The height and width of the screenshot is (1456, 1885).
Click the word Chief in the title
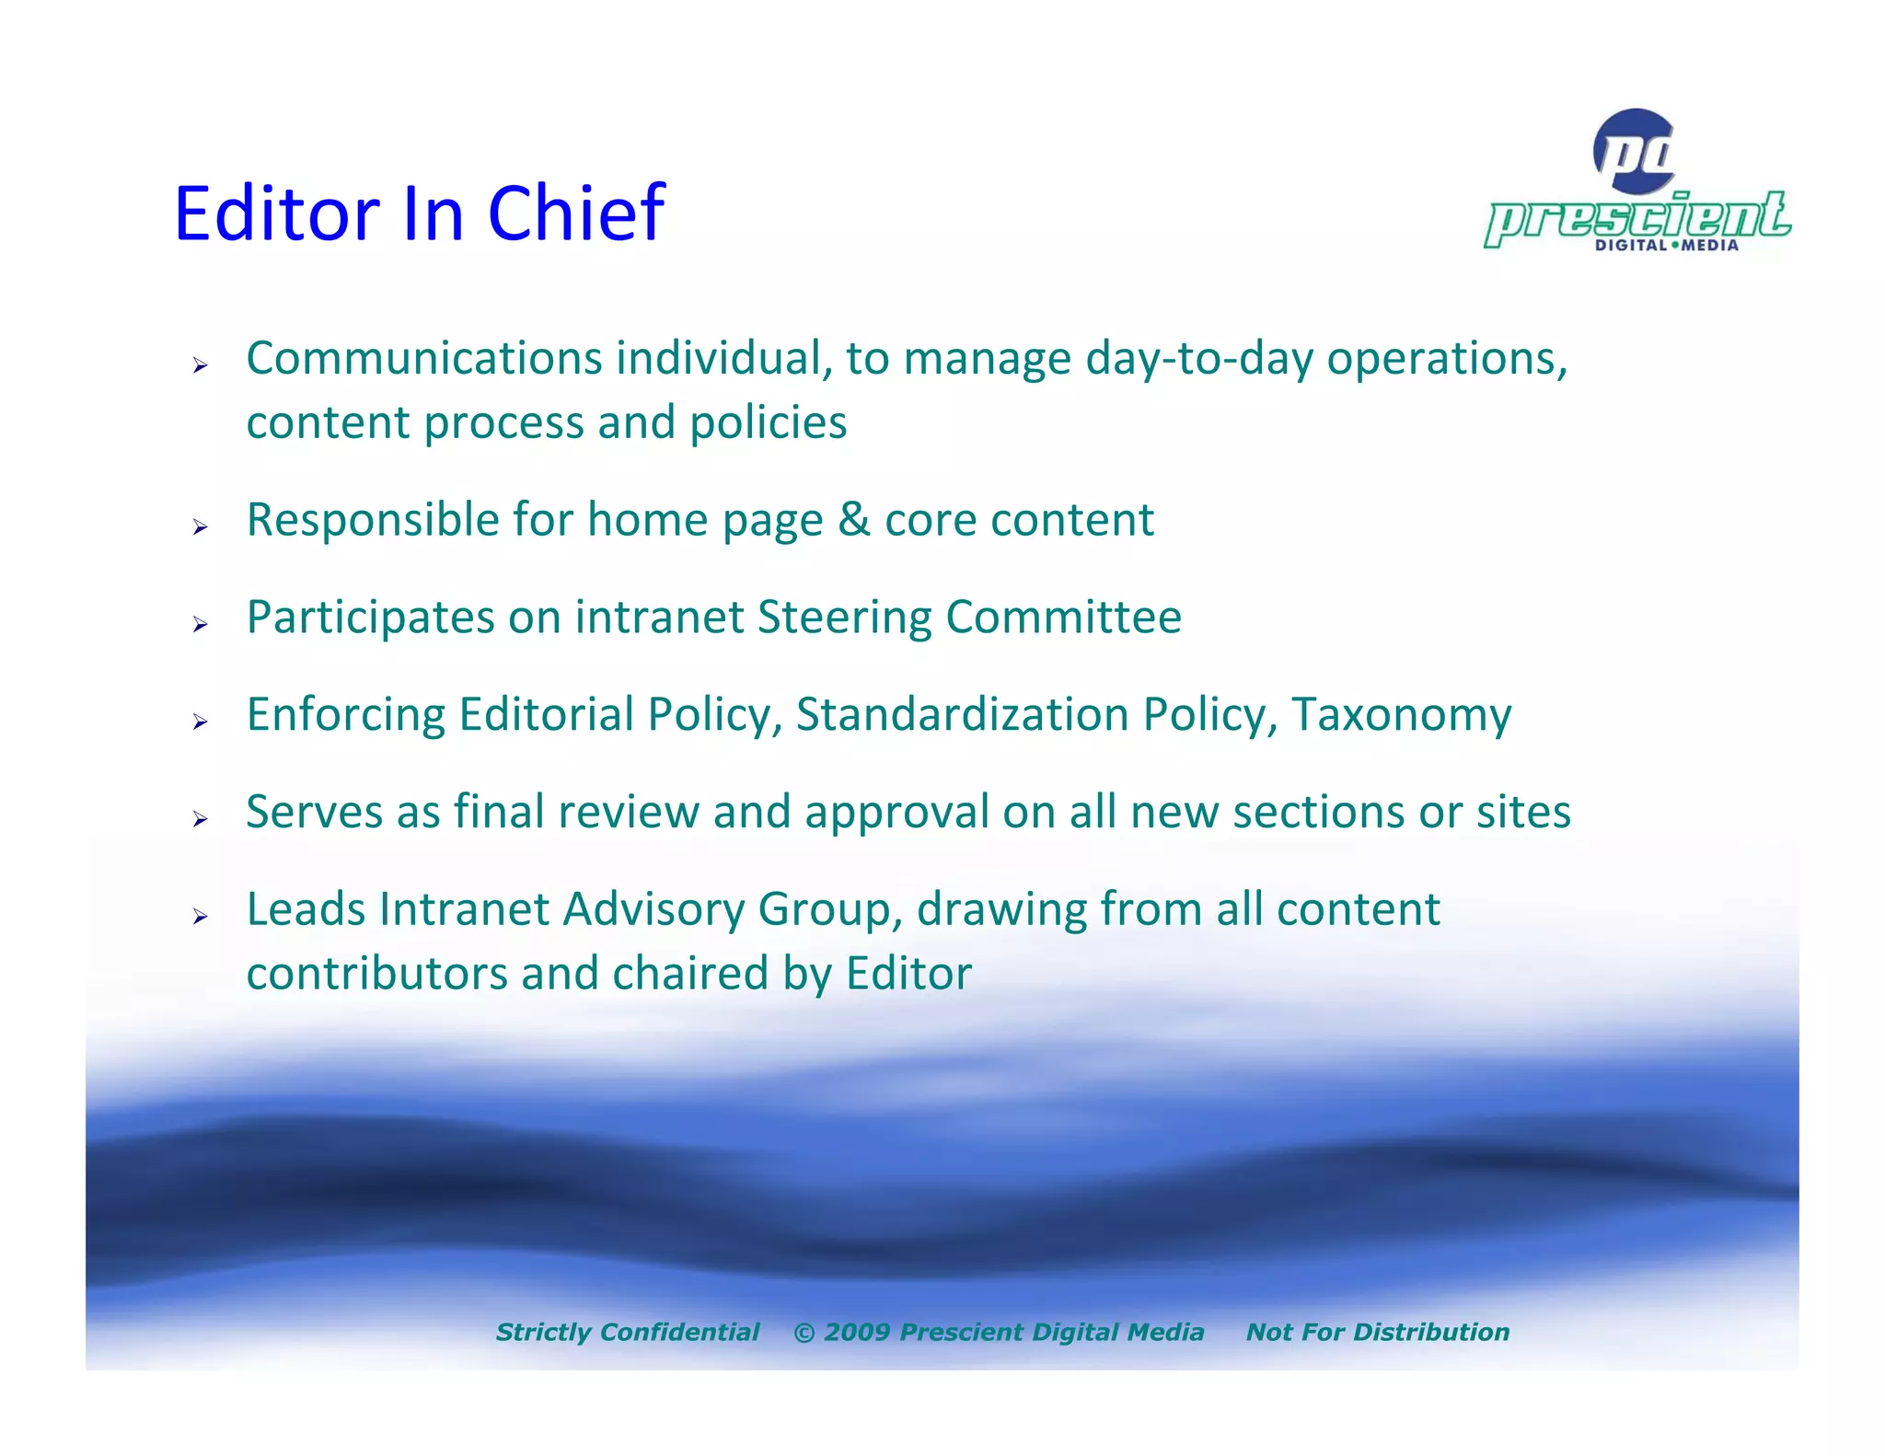pos(575,214)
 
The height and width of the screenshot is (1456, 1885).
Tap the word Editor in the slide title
pos(276,214)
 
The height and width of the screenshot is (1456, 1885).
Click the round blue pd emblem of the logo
pos(1635,151)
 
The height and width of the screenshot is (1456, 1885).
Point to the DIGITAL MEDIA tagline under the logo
pos(1666,246)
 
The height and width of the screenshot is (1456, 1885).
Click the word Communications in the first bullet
pos(423,358)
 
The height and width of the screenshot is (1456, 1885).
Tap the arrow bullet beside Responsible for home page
pos(200,527)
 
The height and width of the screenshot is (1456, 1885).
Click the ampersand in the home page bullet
pos(853,520)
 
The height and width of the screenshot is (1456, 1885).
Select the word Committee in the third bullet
pos(1063,617)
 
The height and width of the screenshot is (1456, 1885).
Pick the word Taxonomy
pos(1401,715)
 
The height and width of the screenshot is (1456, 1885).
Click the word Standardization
pos(962,714)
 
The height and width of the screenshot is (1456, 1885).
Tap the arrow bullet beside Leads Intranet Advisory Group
pos(200,916)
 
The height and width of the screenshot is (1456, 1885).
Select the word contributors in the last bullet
pos(376,974)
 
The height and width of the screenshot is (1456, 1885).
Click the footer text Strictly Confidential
pos(628,1332)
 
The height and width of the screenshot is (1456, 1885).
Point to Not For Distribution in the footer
pos(1377,1332)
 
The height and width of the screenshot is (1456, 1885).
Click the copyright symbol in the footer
pos(804,1333)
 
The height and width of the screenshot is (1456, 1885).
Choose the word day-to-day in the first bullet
pos(1198,358)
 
